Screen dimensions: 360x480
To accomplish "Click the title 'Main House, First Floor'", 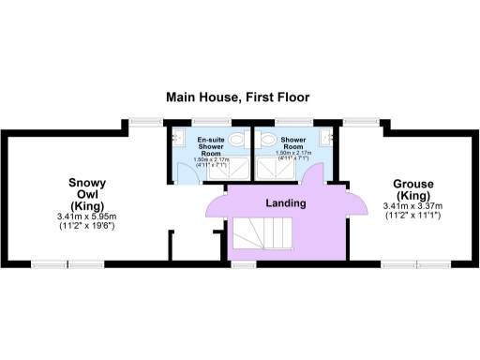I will pyautogui.click(x=237, y=97).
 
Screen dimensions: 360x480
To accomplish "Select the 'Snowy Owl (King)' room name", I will pyautogui.click(x=86, y=194).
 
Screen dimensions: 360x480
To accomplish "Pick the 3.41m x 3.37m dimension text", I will pyautogui.click(x=412, y=211).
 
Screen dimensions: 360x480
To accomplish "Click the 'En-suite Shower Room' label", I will pyautogui.click(x=211, y=147).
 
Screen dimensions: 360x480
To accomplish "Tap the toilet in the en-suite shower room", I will pyautogui.click(x=237, y=141).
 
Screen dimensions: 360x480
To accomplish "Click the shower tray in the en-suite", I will pyautogui.click(x=234, y=170).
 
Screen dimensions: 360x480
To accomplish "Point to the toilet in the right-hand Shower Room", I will pyautogui.click(x=266, y=141).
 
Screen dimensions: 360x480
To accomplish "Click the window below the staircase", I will pyautogui.click(x=244, y=264).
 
